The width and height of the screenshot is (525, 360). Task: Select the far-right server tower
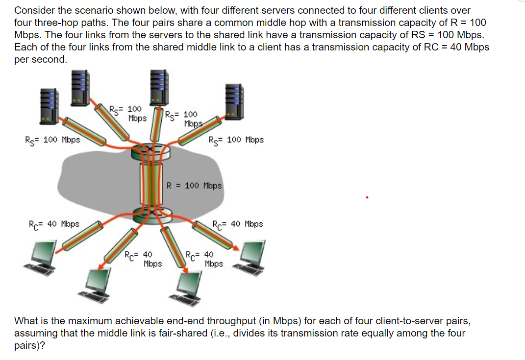pos(234,101)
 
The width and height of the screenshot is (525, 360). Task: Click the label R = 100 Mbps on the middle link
pos(194,186)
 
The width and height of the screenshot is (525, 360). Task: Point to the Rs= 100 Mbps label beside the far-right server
pos(236,140)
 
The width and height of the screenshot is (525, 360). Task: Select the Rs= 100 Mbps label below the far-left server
pos(52,140)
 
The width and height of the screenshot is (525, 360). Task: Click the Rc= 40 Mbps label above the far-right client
pos(238,224)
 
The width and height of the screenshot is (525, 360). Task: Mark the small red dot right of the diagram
pos(367,198)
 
